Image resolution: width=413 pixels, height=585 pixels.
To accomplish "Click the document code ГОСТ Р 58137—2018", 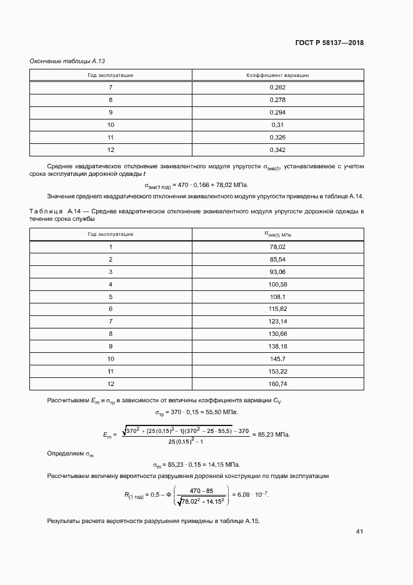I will coord(329,43).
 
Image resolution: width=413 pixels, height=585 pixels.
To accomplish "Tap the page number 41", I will coord(359,532).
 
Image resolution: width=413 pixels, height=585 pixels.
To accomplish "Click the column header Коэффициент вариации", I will coord(277,75).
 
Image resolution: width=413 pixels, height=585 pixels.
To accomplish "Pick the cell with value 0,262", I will coord(277,88).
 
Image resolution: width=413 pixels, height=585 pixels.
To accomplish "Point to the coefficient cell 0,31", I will coord(277,125).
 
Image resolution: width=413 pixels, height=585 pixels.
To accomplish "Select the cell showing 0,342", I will coord(277,150).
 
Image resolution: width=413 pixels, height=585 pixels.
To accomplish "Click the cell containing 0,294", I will coord(277,112).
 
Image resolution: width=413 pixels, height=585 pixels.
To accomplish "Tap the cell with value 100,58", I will coord(277,284).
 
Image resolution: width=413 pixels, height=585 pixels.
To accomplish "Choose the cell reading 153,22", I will coord(277,371).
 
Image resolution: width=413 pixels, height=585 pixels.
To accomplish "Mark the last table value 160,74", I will coord(277,384).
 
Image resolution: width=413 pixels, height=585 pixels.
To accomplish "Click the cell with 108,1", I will coord(277,297).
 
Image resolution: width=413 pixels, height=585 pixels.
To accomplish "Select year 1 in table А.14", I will coord(111,247).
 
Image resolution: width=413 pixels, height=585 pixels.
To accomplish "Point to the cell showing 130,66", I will coord(277,333).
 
